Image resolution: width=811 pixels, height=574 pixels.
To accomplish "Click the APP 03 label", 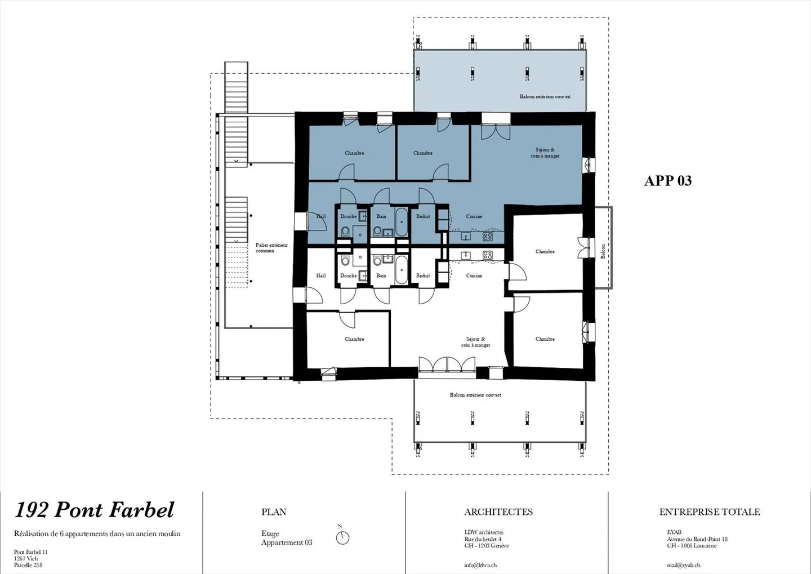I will point(667,181).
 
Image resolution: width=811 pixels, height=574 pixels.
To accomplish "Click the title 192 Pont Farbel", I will point(95,510).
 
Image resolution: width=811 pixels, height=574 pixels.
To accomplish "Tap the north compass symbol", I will point(342,537).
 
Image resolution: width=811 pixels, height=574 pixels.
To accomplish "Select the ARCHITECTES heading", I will point(498,512).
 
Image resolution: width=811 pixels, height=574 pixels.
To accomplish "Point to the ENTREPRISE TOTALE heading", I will point(709,512).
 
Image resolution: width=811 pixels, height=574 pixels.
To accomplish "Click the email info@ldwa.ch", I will point(480,565).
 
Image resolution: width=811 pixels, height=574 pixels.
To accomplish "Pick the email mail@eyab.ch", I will point(683,565).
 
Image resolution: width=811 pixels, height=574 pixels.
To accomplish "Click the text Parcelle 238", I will point(28,565).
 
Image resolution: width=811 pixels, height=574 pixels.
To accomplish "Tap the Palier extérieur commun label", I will point(271,248).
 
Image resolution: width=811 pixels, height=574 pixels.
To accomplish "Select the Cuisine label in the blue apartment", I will point(474,216).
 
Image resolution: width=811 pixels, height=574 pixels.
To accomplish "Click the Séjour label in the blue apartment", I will point(545,153).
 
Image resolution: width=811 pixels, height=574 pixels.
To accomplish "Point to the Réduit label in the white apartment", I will point(423,275).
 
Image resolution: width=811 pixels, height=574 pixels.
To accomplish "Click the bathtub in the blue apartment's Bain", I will point(401,222).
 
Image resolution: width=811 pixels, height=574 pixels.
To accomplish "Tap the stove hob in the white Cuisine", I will point(487,255).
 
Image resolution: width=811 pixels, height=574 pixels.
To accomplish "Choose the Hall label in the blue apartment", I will point(321,216).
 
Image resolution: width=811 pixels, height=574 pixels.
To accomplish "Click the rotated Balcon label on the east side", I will point(603,251).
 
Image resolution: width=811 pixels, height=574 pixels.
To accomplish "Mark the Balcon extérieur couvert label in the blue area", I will point(545,97).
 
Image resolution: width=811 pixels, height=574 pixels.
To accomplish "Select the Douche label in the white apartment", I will point(348,275).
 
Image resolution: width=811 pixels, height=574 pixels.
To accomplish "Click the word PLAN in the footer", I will point(274,512).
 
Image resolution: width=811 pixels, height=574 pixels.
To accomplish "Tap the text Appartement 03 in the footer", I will point(286,542).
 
